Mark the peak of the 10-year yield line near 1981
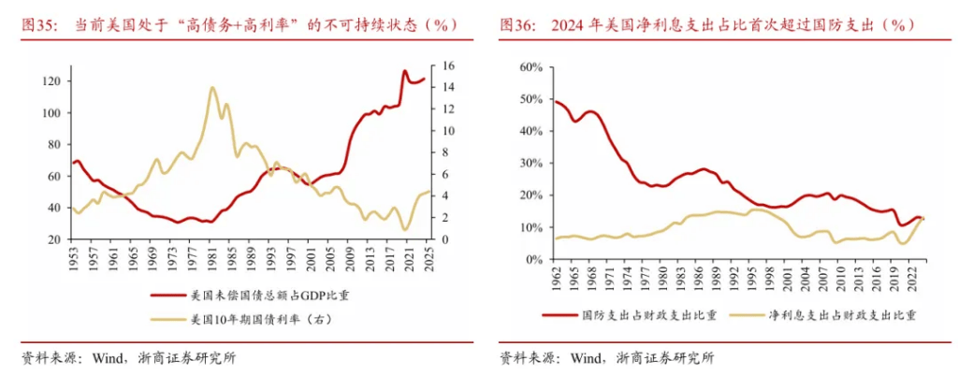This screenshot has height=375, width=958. point(212,87)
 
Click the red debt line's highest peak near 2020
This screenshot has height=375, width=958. point(405,70)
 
